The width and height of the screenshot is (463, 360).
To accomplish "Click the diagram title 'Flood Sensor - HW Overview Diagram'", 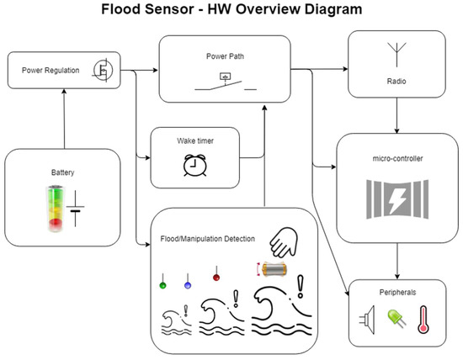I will click(x=231, y=12).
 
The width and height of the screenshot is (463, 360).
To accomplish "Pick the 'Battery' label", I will click(x=62, y=172).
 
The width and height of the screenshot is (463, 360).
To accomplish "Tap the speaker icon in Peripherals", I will click(x=367, y=320).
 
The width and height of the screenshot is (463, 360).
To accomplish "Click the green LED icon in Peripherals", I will click(x=395, y=320).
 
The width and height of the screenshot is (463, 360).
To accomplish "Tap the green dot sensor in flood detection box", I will click(x=162, y=285).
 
